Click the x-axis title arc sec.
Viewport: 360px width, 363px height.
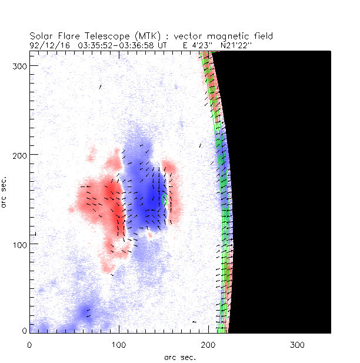179,357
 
